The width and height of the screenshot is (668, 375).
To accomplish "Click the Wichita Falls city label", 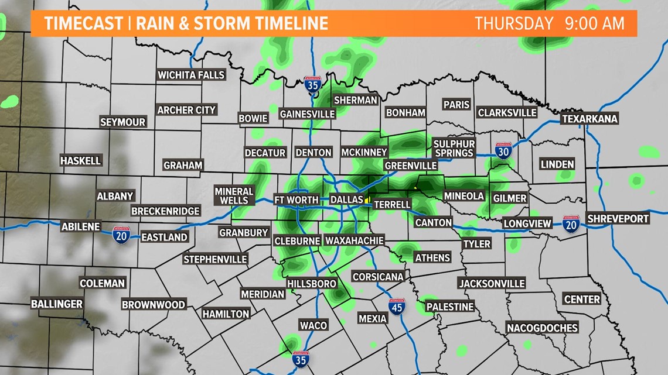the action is (191, 75).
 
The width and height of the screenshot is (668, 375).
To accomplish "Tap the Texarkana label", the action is (589, 119).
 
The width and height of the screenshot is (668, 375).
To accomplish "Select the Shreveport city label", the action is (618, 218).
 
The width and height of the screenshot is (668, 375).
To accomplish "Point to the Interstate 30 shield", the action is (503, 151).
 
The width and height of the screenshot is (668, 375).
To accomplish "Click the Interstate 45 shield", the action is (397, 307).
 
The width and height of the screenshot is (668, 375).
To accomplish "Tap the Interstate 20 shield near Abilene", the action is (121, 235).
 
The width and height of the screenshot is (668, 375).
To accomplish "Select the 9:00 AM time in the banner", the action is (595, 24).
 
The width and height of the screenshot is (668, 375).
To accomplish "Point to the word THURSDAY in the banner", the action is (514, 24).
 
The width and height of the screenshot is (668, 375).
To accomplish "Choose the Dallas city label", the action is (347, 199).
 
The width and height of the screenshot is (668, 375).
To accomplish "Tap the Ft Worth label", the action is (296, 199).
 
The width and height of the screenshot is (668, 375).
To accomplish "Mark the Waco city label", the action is (313, 325).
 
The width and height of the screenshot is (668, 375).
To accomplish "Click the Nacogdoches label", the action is (542, 328).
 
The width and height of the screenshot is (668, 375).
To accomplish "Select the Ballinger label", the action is (57, 304).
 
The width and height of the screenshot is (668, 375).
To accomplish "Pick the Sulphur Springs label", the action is (454, 148).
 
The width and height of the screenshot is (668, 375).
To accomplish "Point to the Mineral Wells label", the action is (234, 195).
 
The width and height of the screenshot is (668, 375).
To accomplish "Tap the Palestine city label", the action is (449, 307).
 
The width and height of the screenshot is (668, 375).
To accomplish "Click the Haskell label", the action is (81, 160).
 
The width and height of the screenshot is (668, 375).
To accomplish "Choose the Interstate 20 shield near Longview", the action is (570, 223).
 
